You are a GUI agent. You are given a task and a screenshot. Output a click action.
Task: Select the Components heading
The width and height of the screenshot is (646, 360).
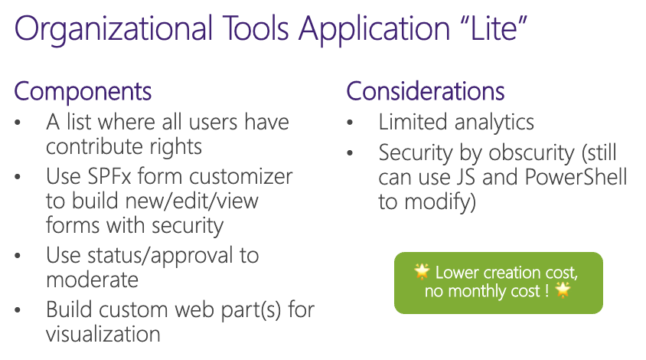[83, 91]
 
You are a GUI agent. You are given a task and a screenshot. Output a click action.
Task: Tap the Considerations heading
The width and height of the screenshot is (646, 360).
[426, 91]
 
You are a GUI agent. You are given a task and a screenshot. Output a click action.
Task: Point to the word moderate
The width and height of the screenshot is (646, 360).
[92, 280]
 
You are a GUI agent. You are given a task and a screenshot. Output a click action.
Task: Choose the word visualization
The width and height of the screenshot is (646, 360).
[103, 334]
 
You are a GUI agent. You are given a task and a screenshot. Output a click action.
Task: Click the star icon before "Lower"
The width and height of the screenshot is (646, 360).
[422, 271]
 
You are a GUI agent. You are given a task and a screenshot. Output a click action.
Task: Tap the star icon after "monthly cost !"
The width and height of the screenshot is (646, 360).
[563, 290]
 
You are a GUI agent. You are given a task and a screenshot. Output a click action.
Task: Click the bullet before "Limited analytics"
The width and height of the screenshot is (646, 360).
[351, 123]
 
